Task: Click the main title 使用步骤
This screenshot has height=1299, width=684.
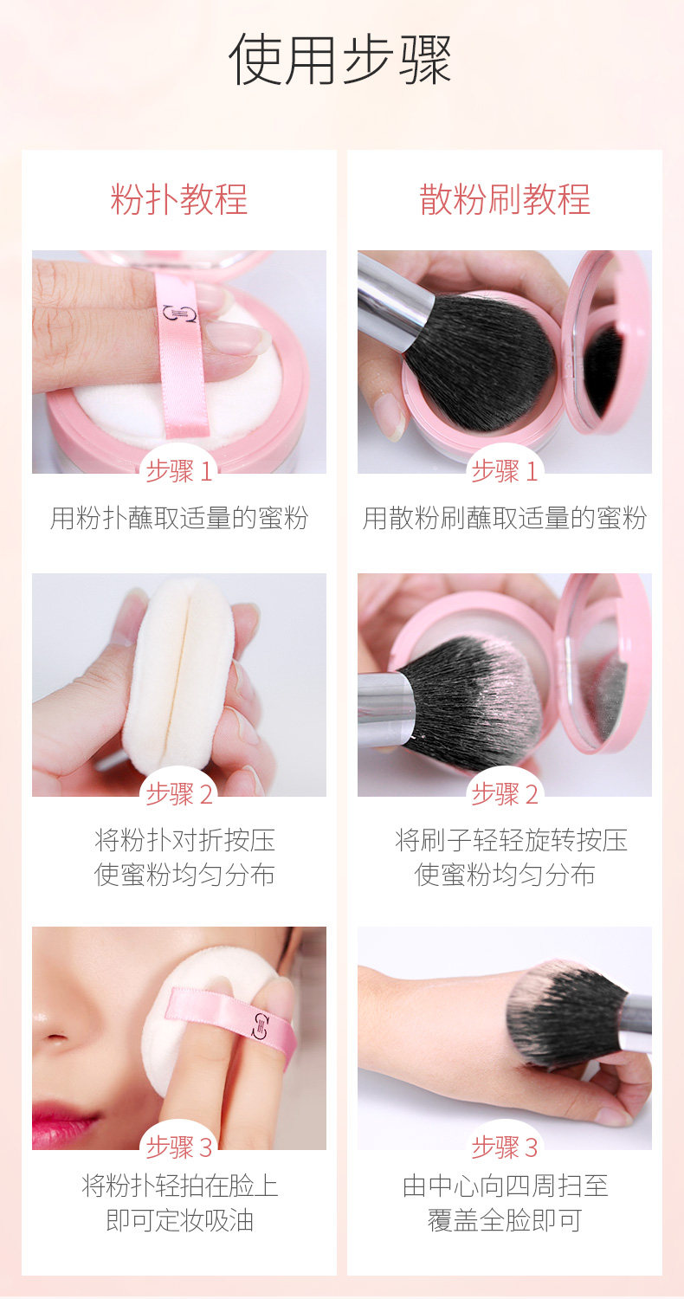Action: tap(340, 59)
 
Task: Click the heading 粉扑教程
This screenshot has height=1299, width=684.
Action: tap(179, 199)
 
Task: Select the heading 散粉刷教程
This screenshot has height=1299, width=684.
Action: tap(504, 199)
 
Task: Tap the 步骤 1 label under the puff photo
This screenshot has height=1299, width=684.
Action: tap(179, 470)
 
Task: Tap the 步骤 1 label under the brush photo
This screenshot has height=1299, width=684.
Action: tap(504, 470)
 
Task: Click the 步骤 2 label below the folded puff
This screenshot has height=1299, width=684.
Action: tap(179, 793)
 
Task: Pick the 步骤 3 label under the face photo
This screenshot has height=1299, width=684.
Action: tap(179, 1147)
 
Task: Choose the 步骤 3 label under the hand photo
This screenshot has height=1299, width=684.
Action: tap(504, 1147)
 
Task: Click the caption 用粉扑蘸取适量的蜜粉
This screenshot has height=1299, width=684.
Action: tap(179, 518)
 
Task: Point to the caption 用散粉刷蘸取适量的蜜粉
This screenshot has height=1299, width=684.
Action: tap(504, 518)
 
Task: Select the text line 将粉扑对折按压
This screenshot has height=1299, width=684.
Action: tap(184, 840)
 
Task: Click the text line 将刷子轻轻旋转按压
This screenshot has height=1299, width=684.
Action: tap(511, 840)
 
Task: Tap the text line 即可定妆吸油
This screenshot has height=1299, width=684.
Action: tap(180, 1220)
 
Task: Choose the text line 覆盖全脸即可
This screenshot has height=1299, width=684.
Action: tap(504, 1220)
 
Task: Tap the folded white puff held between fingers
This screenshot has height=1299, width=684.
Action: tap(180, 675)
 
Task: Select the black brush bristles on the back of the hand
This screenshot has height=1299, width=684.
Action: tap(565, 1014)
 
